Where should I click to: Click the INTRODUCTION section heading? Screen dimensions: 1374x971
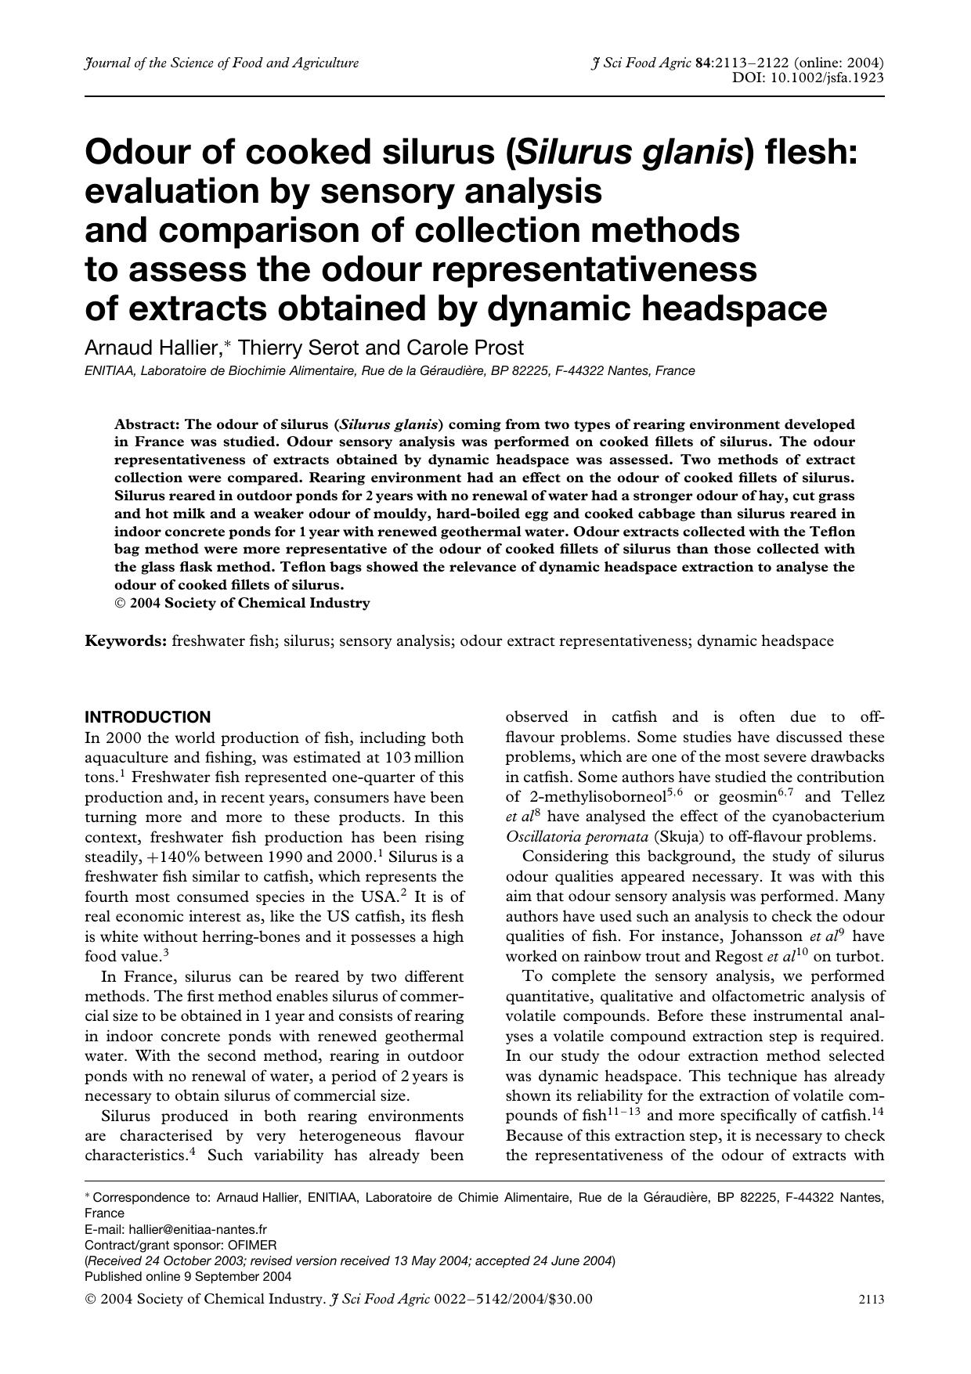click(148, 717)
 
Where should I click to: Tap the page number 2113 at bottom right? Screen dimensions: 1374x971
click(871, 1300)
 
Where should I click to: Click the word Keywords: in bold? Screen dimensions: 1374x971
click(125, 641)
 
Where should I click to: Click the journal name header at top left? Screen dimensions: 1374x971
click(222, 63)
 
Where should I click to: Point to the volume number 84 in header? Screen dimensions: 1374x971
click(702, 63)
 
